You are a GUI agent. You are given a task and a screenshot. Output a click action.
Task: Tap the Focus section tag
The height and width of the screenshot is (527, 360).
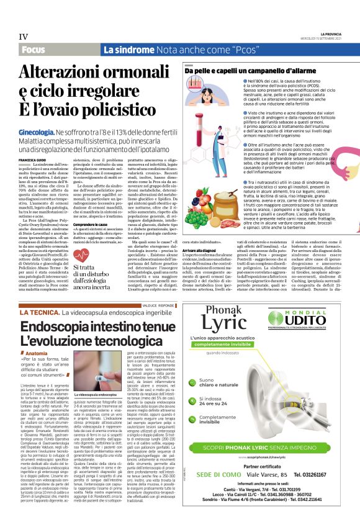(32, 49)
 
